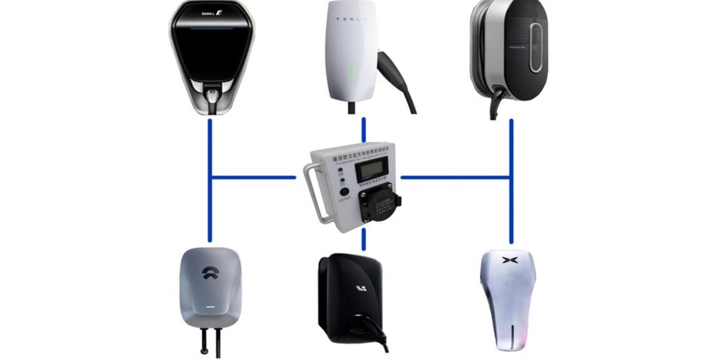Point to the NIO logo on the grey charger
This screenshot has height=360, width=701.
click(209, 273)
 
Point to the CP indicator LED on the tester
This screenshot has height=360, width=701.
click(341, 170)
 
